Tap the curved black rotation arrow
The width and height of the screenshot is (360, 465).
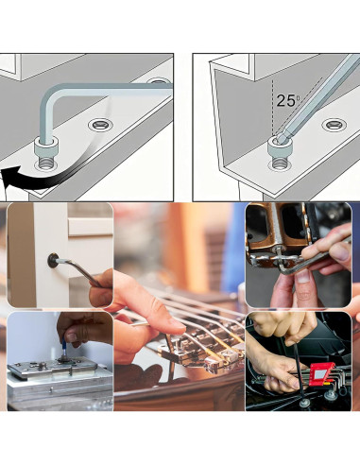(41, 179)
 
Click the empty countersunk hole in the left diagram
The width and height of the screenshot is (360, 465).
(100, 125)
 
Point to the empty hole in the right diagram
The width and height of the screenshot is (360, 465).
(334, 125)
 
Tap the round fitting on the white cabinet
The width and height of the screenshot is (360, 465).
(53, 261)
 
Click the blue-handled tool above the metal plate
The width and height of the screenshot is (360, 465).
(64, 347)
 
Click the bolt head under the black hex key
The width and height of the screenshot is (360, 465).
(304, 403)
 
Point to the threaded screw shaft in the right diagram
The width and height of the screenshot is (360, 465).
(280, 163)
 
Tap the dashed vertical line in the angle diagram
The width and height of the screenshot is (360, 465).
(273, 108)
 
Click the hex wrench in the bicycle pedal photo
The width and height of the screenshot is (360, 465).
(312, 258)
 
